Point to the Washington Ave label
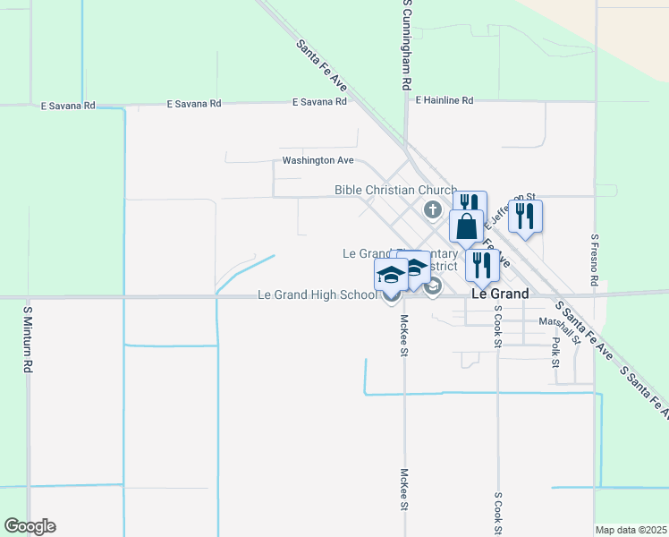[x=318, y=161]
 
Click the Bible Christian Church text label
[x=395, y=190]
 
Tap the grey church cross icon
[x=433, y=210]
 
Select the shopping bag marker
[x=467, y=227]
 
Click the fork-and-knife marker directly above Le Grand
[x=482, y=265]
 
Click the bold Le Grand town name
[x=499, y=294]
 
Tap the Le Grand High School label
[x=318, y=294]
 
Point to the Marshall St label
[x=560, y=321]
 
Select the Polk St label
[x=555, y=352]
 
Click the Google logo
[x=30, y=526]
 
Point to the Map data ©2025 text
[x=631, y=530]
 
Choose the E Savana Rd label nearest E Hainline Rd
[x=319, y=103]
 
